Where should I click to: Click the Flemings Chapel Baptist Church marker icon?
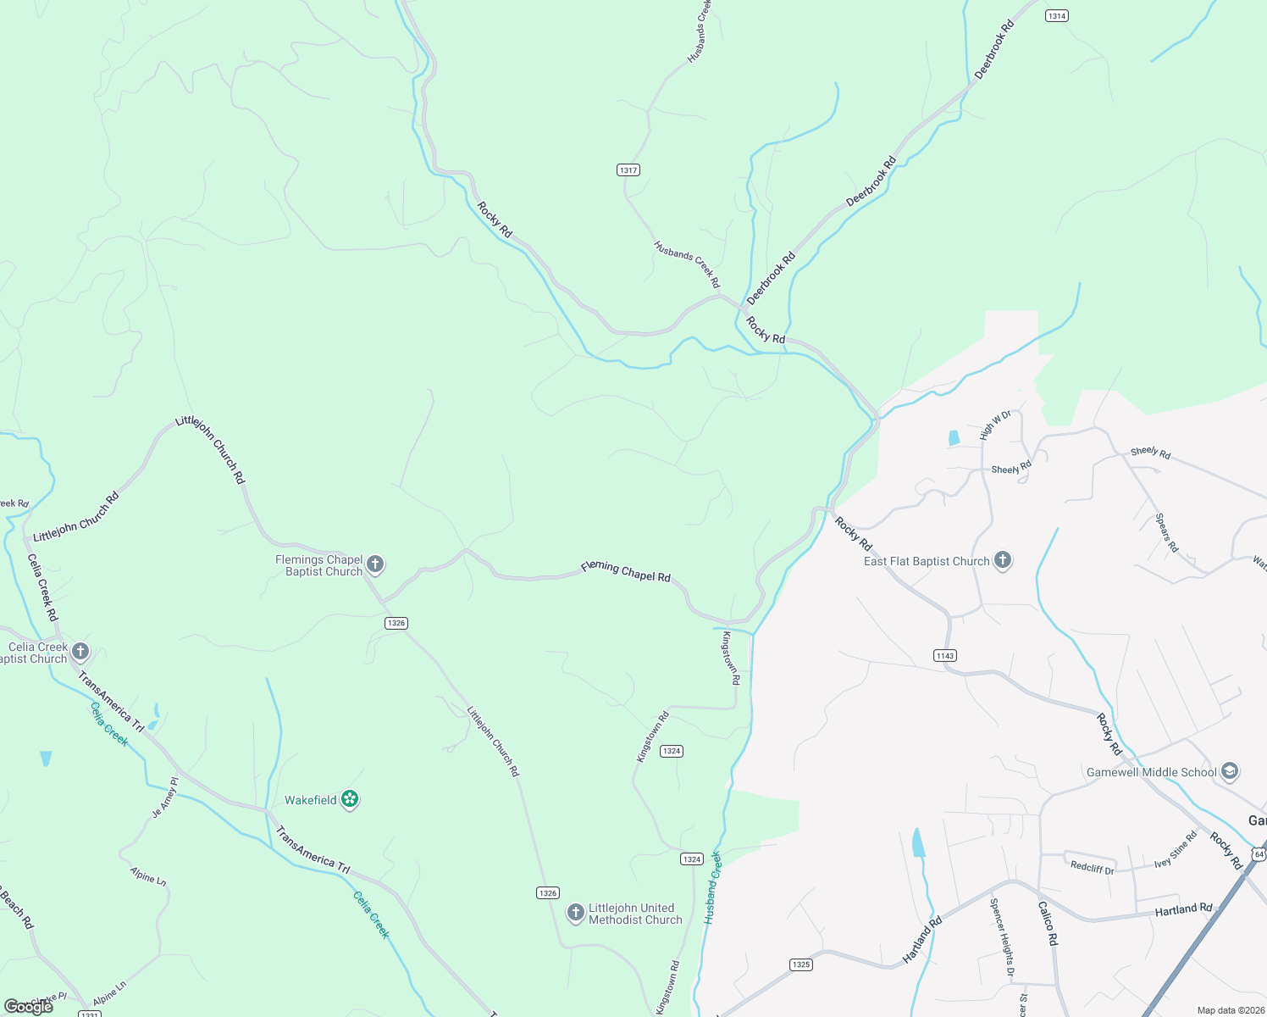[375, 564]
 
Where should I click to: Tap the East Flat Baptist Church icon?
[1003, 560]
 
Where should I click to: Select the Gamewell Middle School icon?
[1231, 771]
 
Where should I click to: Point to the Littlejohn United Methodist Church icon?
[575, 913]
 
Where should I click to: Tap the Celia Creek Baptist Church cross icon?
[80, 652]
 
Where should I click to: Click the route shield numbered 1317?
[628, 170]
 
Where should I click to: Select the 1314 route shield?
[1056, 16]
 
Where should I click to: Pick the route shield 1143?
[945, 655]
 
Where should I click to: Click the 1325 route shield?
[800, 964]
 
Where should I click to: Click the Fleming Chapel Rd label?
[626, 572]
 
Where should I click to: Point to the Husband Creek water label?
[712, 886]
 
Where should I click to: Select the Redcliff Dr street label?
[1092, 868]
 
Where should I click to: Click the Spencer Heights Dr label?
[1002, 937]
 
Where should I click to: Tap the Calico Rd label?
[1048, 923]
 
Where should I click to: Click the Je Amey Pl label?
[165, 797]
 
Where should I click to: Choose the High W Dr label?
[995, 425]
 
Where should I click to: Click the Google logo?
[28, 1006]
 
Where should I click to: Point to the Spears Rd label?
[1167, 533]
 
